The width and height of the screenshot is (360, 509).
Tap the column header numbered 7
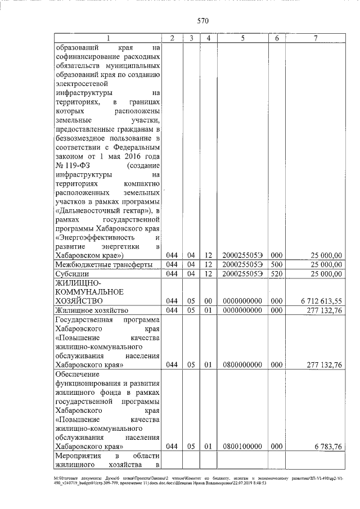tap(315, 38)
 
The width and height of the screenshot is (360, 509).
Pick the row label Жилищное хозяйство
tap(92, 310)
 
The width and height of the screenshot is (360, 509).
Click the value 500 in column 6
tap(276, 264)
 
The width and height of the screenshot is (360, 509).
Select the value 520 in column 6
tap(276, 274)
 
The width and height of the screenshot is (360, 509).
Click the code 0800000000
tap(242, 364)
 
